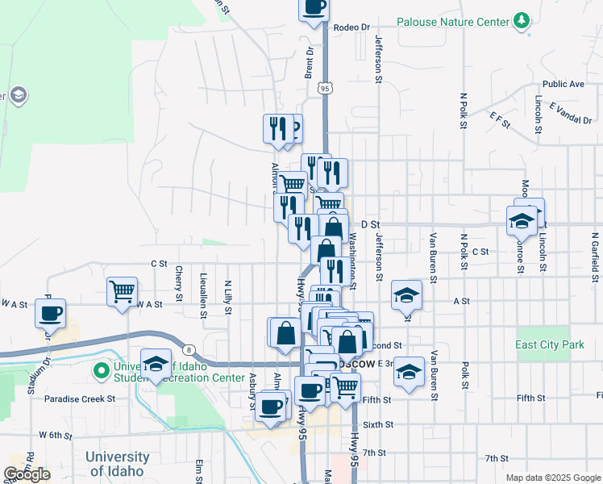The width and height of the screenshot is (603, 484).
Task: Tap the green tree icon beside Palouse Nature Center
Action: (x=522, y=19)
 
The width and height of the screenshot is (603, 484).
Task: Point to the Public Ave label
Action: (x=563, y=84)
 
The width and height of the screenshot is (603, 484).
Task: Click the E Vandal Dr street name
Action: (x=571, y=114)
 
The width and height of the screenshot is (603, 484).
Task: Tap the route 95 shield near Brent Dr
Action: (x=325, y=87)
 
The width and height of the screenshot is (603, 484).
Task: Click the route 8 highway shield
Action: (x=188, y=348)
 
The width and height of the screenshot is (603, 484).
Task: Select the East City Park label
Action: (x=550, y=344)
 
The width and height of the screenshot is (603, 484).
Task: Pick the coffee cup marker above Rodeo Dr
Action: (x=314, y=8)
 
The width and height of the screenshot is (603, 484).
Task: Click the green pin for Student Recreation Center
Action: (x=101, y=372)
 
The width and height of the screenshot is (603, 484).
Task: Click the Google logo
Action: (x=27, y=474)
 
